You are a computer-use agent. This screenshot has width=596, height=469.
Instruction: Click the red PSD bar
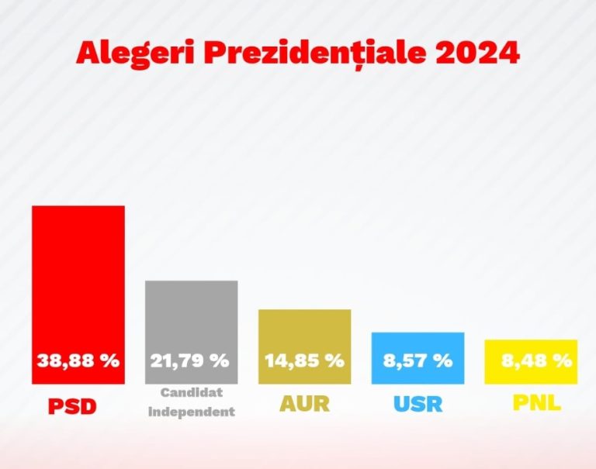[x=78, y=279]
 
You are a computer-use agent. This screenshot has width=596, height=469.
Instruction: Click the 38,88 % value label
[x=78, y=360]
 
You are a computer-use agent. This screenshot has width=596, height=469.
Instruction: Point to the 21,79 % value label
[x=190, y=360]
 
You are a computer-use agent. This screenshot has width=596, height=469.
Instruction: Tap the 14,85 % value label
[x=304, y=360]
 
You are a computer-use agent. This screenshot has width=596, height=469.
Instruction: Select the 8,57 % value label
[x=418, y=360]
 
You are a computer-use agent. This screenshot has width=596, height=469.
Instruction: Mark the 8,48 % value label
[x=532, y=360]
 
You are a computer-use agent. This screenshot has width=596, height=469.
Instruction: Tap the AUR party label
[x=303, y=404]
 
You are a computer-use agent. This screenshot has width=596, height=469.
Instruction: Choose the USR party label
[x=418, y=404]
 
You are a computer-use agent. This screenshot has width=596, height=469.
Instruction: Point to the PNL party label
[x=536, y=403]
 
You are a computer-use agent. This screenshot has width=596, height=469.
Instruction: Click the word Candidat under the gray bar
[x=191, y=393]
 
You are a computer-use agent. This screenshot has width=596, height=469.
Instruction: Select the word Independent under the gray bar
[x=191, y=412]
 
